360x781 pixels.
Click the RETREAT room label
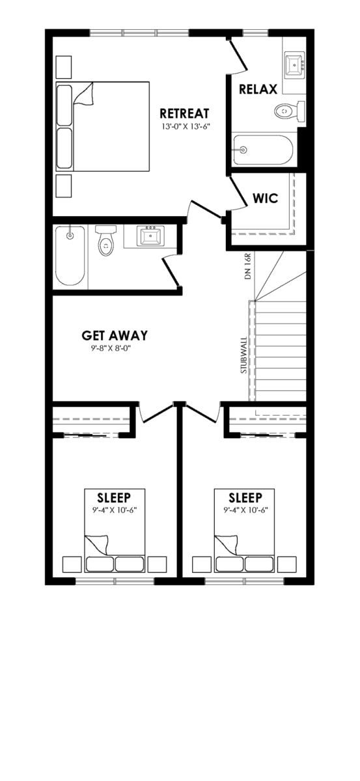click(x=184, y=114)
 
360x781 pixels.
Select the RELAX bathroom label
click(x=258, y=89)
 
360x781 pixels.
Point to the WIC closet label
click(x=266, y=199)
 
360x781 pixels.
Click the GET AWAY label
click(x=115, y=335)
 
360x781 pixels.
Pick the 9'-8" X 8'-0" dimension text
click(x=113, y=348)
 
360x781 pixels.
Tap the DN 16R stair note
click(x=247, y=266)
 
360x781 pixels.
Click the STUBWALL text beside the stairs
click(x=244, y=355)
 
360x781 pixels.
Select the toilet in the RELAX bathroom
click(x=290, y=111)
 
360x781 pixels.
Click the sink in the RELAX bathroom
click(x=295, y=65)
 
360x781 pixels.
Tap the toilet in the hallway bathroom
click(x=105, y=241)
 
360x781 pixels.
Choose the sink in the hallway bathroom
click(x=150, y=236)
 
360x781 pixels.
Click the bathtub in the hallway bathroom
click(x=70, y=256)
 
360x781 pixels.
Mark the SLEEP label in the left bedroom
click(x=114, y=497)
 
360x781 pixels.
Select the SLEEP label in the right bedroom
click(x=245, y=497)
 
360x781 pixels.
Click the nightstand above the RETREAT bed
click(x=64, y=67)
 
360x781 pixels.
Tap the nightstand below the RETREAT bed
click(x=64, y=186)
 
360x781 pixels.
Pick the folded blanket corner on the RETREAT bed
click(x=83, y=94)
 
